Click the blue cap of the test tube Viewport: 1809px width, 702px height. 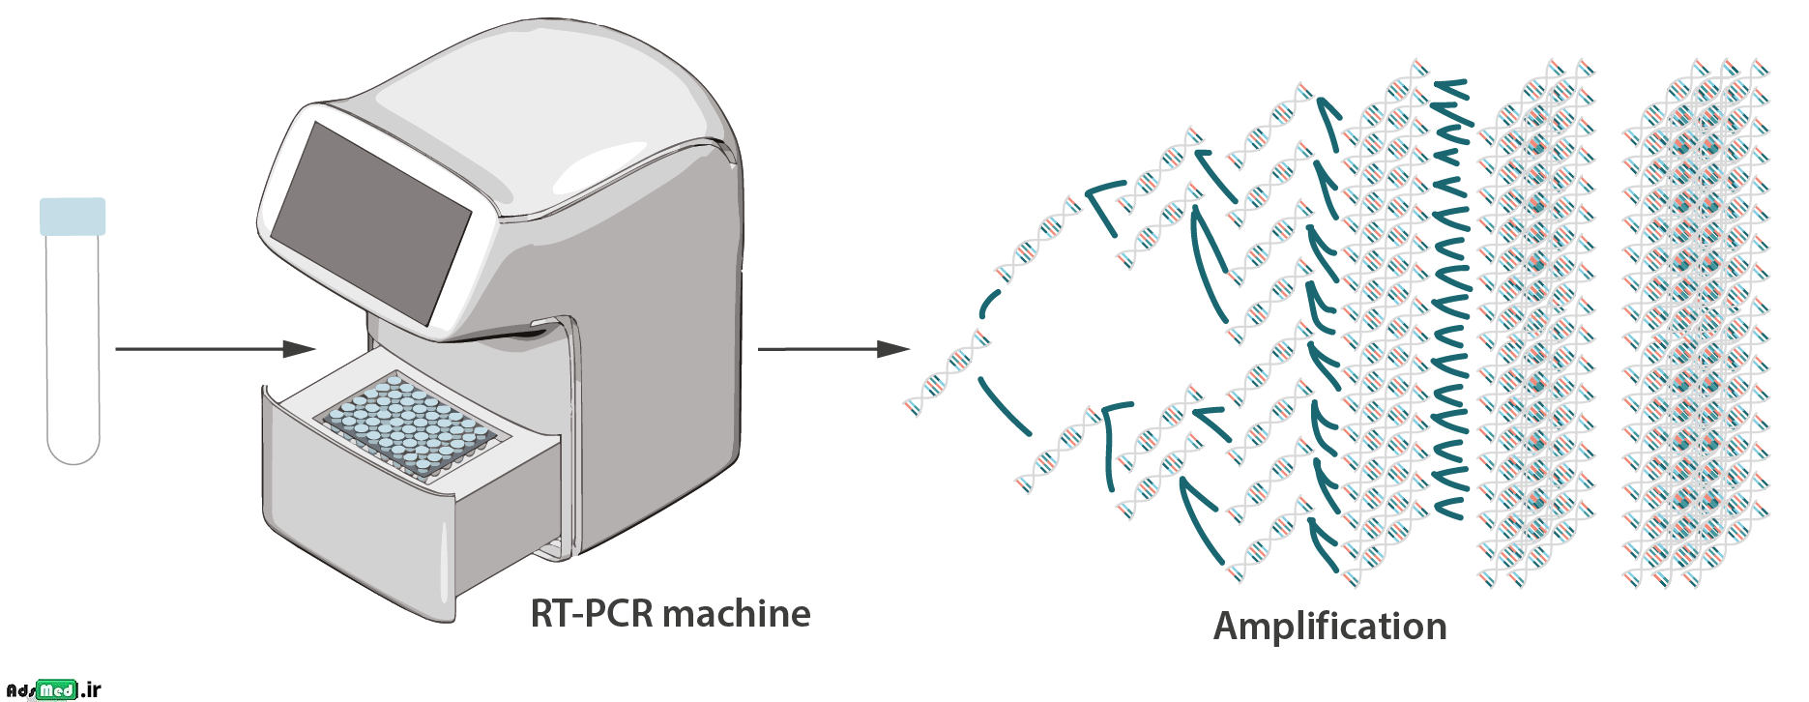click(x=73, y=217)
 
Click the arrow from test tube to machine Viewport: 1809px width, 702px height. click(x=213, y=348)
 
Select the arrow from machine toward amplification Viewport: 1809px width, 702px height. click(x=832, y=348)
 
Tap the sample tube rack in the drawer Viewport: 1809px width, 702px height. click(x=406, y=425)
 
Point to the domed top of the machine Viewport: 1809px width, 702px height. click(x=541, y=97)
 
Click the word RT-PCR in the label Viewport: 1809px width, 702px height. click(x=591, y=613)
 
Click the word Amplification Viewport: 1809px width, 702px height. click(x=1329, y=626)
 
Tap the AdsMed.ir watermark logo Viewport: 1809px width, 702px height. click(x=53, y=689)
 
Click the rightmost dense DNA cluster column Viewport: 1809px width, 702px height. click(x=1697, y=324)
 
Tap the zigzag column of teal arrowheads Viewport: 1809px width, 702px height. click(x=1450, y=300)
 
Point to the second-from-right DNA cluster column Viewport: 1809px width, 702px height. click(x=1537, y=324)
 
